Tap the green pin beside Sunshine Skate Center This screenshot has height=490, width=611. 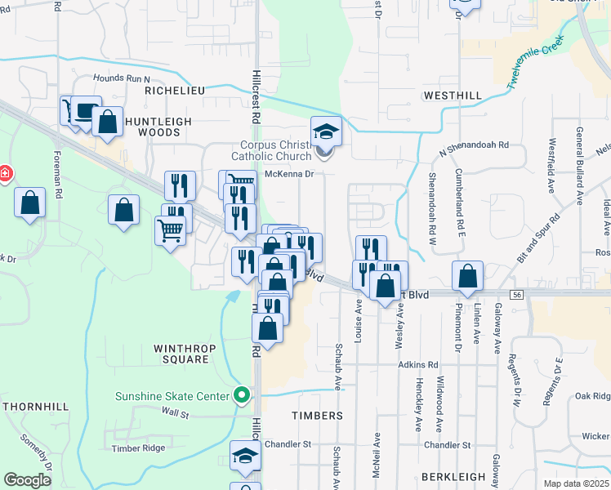241,396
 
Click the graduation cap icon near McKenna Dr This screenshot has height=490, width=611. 325,131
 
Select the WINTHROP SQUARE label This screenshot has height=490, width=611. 181,354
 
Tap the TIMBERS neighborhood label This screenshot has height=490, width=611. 317,416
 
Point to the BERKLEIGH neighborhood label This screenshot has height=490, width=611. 453,476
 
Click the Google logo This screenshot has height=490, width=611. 28,480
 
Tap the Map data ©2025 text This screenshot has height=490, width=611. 576,483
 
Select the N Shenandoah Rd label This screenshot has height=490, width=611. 474,148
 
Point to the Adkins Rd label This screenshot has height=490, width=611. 418,364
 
